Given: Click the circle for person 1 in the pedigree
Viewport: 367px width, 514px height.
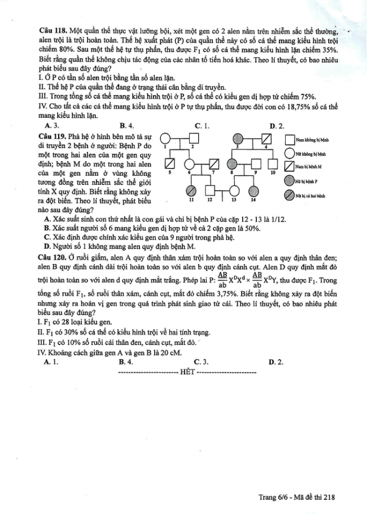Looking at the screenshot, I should (165, 139).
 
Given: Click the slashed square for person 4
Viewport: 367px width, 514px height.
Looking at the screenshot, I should (267, 139).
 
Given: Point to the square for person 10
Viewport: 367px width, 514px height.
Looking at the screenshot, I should (273, 164).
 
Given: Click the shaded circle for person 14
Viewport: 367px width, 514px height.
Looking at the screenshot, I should (253, 190).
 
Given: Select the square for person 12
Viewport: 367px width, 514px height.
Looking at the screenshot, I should (209, 190).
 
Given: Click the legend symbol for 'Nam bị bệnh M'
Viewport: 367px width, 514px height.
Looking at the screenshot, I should (290, 166).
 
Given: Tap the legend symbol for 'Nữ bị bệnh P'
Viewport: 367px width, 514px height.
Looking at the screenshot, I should (290, 181).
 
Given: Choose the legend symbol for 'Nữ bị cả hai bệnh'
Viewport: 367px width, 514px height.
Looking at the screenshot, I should (290, 196).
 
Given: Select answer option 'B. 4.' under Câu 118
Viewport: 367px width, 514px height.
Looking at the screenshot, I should (126, 126).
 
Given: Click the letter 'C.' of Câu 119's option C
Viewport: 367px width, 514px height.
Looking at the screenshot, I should (47, 237).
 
